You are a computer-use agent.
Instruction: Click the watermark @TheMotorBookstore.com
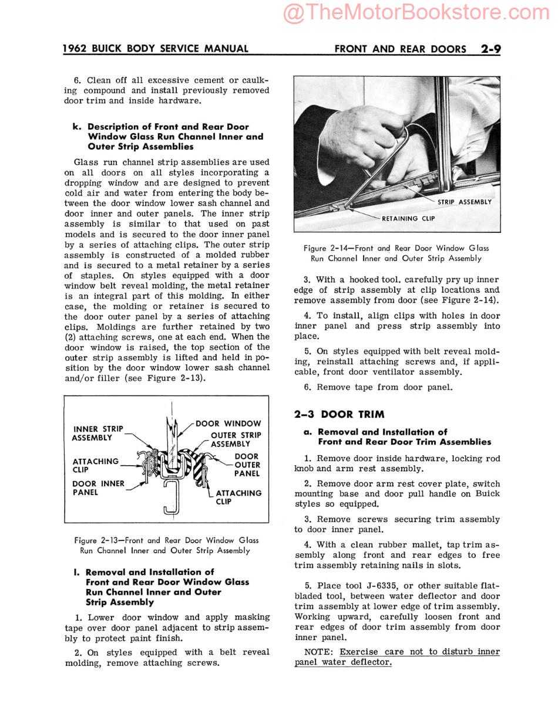point(416,13)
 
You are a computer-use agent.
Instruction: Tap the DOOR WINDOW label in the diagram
point(228,424)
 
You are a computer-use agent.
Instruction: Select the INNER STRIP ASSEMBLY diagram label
point(98,434)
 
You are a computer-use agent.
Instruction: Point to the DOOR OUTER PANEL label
point(247,465)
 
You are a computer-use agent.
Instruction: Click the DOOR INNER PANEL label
point(98,488)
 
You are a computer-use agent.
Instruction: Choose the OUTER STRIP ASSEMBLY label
point(236,439)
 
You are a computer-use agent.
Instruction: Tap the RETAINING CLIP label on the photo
point(408,218)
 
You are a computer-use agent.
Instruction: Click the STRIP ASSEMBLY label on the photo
point(464,202)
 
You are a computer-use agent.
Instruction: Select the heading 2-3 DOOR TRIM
point(339,414)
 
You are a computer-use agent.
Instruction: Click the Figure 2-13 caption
point(166,545)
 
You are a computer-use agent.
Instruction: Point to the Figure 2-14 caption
point(396,253)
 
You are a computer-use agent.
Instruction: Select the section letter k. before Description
point(76,127)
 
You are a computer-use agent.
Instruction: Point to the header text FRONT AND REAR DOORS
point(400,49)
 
